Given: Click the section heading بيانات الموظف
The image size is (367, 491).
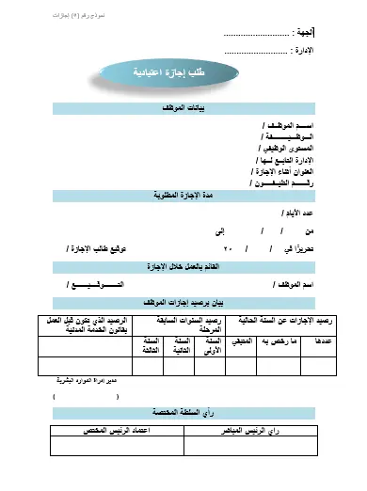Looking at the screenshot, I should pyautogui.click(x=184, y=109).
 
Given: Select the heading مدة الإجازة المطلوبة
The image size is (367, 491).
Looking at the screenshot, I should pyautogui.click(x=184, y=196).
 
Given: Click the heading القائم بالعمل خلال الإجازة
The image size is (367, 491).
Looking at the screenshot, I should pyautogui.click(x=184, y=267).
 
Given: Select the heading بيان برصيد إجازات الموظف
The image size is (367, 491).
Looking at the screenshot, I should pyautogui.click(x=184, y=302).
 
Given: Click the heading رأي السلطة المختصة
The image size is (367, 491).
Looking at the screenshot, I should pyautogui.click(x=184, y=412).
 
